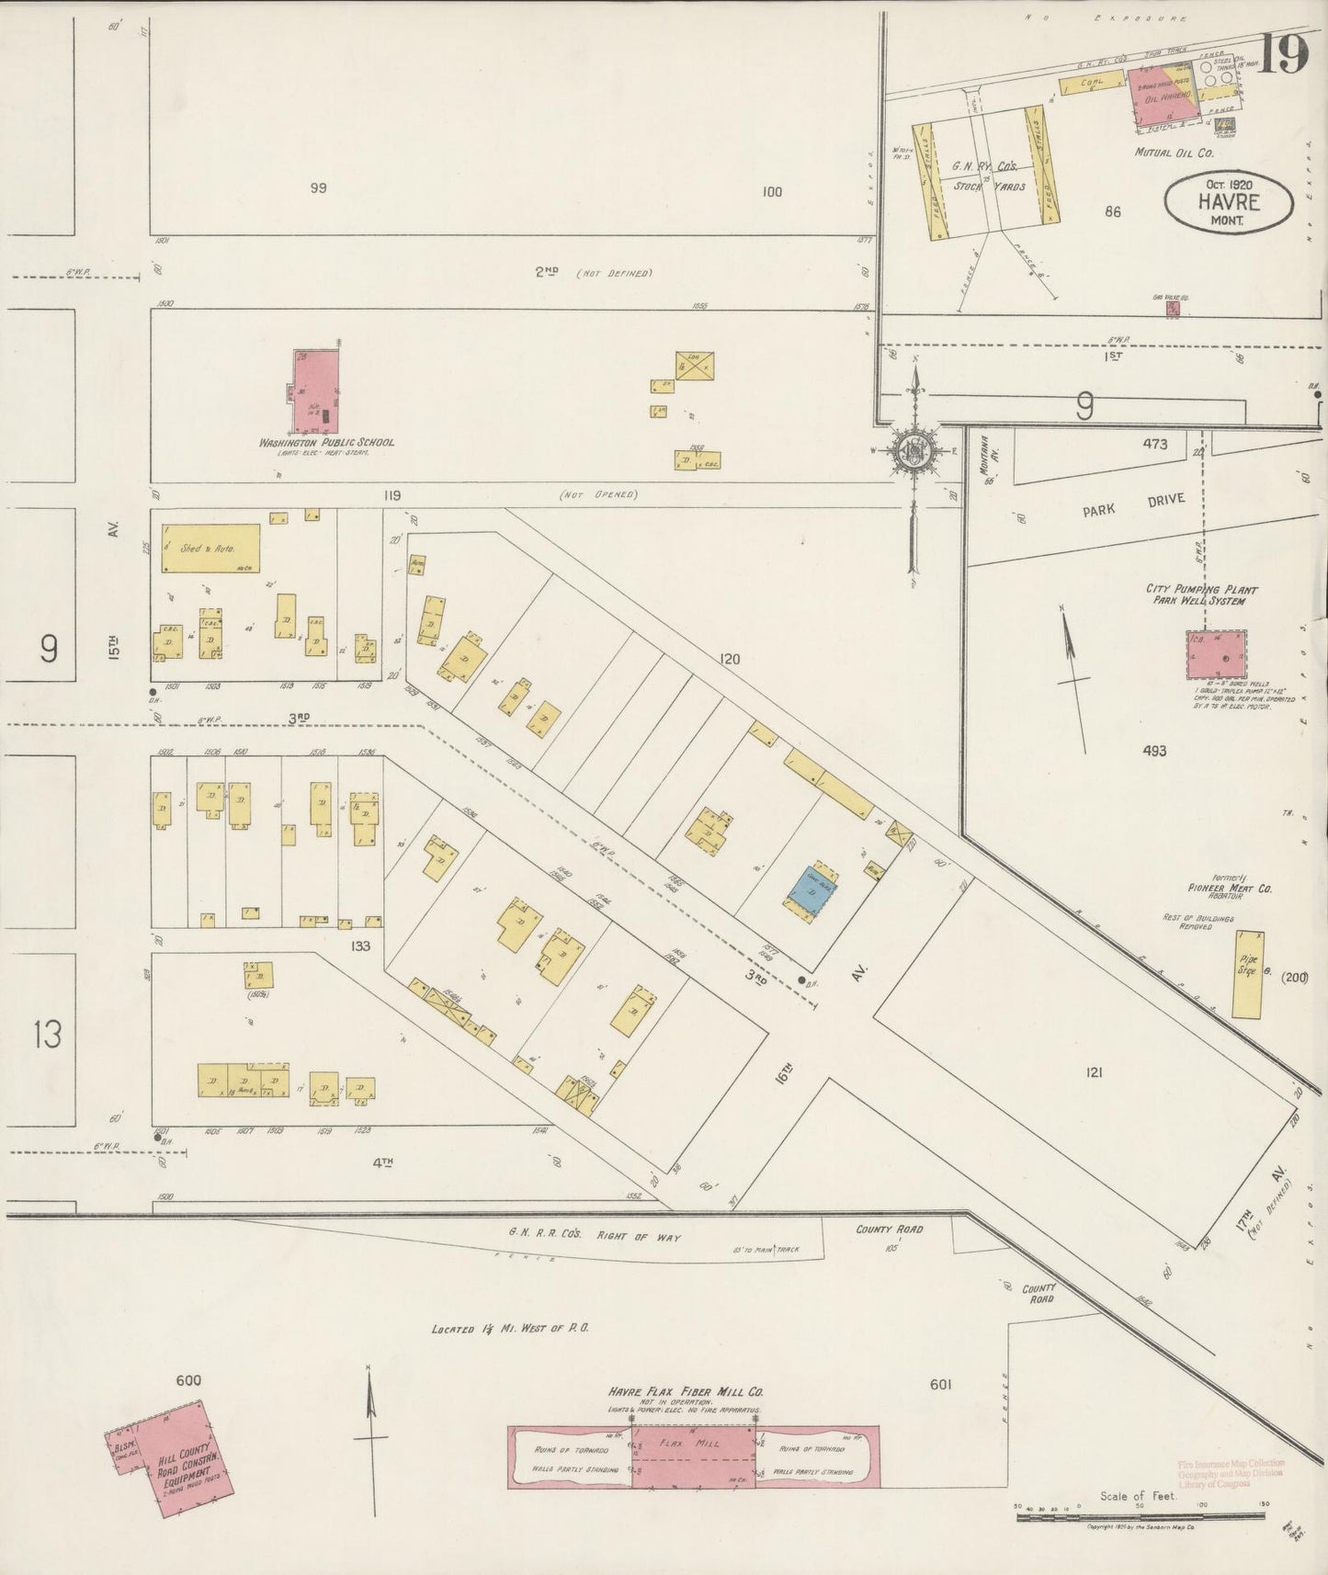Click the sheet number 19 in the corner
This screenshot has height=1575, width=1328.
[1283, 56]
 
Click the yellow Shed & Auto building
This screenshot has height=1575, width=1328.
[210, 548]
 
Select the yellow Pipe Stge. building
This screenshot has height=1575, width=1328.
[1247, 974]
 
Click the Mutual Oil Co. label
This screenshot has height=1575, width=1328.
[1174, 153]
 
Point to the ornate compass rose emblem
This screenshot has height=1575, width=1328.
[914, 451]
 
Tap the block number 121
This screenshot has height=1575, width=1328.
[1094, 1071]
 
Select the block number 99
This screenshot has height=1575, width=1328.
[319, 188]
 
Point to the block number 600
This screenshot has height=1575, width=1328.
[187, 1380]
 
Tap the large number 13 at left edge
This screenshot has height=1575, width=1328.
[47, 1035]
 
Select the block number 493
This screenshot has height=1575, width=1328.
[1154, 751]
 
